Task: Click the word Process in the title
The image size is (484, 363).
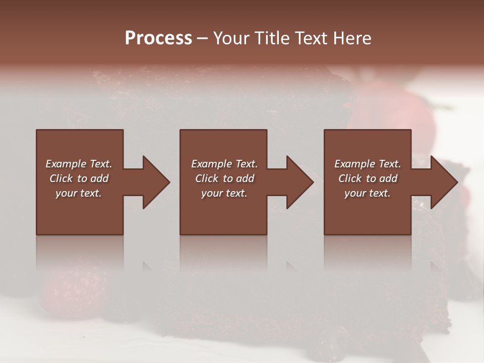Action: (x=158, y=38)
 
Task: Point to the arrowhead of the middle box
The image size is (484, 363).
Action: (x=299, y=182)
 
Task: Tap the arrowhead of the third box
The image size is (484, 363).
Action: (x=444, y=182)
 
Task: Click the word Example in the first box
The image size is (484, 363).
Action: (x=66, y=164)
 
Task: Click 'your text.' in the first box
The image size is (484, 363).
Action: (x=78, y=193)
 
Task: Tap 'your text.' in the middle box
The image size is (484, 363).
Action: (x=224, y=193)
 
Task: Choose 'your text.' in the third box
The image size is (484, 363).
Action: (x=367, y=193)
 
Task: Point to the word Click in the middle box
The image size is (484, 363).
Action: (x=207, y=178)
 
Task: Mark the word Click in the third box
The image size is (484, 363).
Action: (x=350, y=178)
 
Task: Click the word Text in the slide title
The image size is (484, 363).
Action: (x=310, y=38)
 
